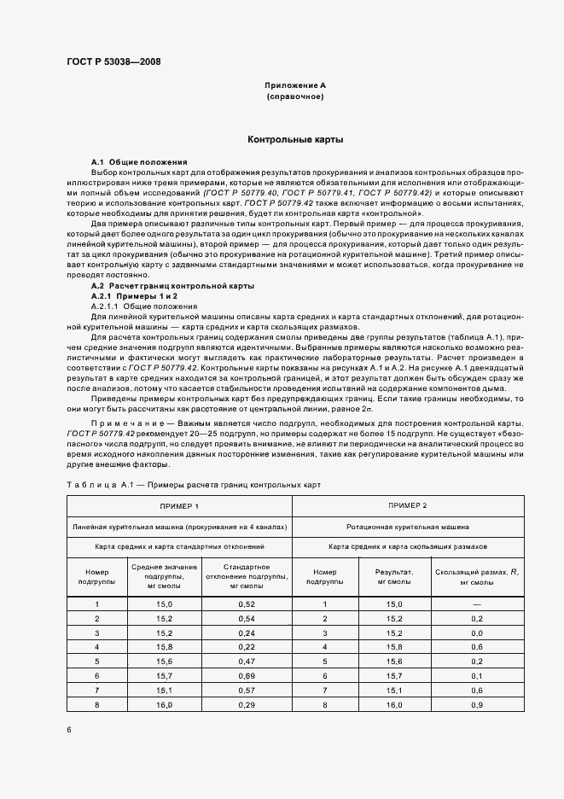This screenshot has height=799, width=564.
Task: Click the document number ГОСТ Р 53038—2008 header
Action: (x=113, y=61)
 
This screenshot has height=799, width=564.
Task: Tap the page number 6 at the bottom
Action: (x=69, y=729)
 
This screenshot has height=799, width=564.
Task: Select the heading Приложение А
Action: (x=295, y=86)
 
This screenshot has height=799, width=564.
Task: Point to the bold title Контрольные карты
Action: (x=295, y=138)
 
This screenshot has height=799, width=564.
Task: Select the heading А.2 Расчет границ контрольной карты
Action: (x=172, y=286)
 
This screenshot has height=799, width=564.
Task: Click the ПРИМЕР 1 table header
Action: (x=179, y=506)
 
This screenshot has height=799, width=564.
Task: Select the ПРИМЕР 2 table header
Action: (x=407, y=506)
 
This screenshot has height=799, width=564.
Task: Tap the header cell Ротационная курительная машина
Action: (x=407, y=527)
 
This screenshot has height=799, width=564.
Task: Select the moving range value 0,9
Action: (x=477, y=704)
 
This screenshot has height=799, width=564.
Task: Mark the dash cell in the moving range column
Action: (x=477, y=604)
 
